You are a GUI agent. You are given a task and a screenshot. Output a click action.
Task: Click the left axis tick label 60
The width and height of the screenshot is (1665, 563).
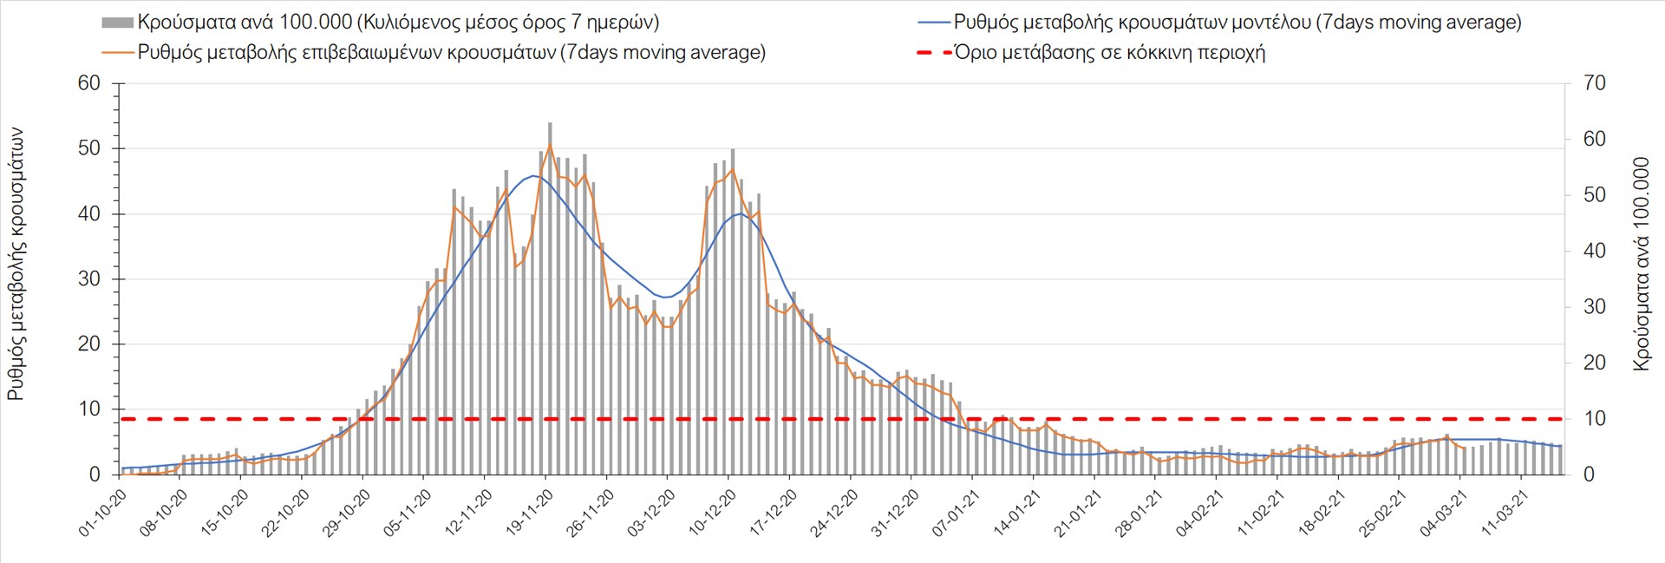click(89, 83)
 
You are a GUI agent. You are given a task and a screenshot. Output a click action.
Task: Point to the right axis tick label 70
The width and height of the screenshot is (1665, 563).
click(1594, 83)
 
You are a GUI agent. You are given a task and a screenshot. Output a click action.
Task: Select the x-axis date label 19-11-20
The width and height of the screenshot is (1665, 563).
click(530, 512)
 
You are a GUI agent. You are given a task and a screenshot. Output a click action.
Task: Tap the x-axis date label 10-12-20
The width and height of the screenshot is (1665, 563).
click(713, 512)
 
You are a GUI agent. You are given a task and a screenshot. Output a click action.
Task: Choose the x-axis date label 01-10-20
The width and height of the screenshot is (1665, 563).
click(103, 512)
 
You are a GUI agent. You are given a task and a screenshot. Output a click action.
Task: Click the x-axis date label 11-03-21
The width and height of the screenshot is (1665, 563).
click(1505, 512)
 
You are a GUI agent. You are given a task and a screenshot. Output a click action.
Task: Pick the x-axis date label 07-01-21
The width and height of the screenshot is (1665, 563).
click(957, 512)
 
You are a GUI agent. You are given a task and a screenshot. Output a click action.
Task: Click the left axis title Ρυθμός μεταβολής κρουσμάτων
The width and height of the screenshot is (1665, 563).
click(16, 264)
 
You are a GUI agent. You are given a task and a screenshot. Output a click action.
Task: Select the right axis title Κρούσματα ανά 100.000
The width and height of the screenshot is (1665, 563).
click(1641, 264)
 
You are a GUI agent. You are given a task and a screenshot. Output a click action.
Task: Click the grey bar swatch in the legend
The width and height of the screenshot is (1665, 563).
click(117, 23)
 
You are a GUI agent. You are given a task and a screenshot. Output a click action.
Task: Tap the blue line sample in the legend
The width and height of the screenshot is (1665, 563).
click(933, 23)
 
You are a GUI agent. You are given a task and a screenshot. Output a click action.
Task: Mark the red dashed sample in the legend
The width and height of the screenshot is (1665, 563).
click(933, 52)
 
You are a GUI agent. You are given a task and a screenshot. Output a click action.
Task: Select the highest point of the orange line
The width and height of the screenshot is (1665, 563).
click(550, 144)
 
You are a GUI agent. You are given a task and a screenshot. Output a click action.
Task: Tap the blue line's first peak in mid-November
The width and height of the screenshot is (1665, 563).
click(533, 176)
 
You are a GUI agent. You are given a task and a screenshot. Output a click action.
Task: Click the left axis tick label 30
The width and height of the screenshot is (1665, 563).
click(89, 278)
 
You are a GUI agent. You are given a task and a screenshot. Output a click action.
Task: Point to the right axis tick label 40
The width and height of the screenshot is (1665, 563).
click(1594, 251)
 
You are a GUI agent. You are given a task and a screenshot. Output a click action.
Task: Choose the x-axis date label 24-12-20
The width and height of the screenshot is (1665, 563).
click(834, 512)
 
